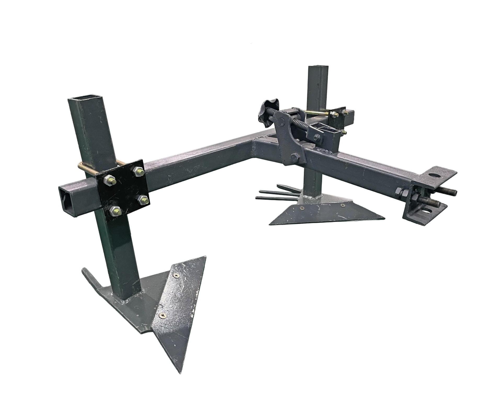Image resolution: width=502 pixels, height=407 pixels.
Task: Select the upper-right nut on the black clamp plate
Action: pos(138,171)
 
